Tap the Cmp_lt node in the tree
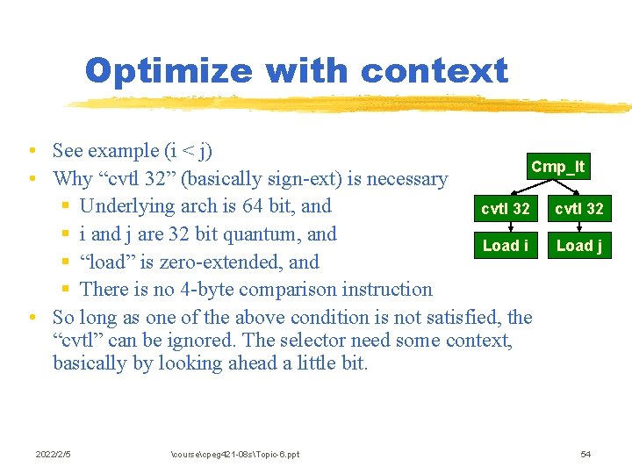(557, 167)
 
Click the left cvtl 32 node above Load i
(505, 209)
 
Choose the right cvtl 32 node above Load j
(576, 209)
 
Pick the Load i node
(505, 246)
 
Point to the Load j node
(578, 246)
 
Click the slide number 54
(585, 454)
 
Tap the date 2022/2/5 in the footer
(53, 454)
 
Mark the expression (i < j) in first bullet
(183, 151)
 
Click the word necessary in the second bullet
(406, 179)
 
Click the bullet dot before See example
(31, 152)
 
